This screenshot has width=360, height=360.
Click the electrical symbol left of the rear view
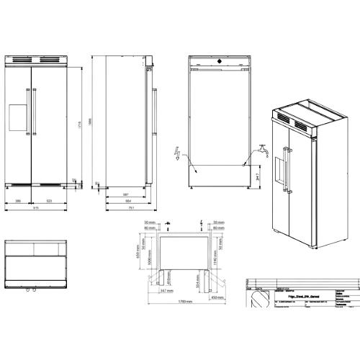coord(178,153)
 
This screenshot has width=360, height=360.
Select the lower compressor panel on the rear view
coord(219,175)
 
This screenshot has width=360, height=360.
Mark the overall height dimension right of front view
coord(81,122)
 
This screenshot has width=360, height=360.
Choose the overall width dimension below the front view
coord(35,210)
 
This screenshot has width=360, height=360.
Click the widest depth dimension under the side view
coord(127,210)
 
